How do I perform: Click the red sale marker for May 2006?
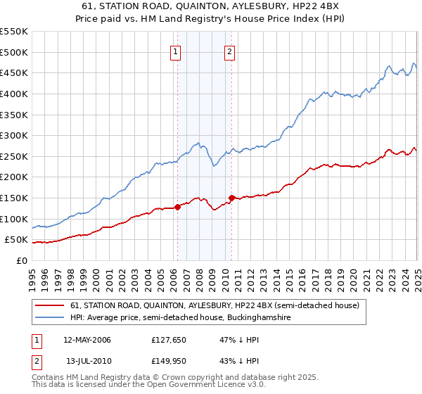(178, 207)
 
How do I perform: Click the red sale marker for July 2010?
(231, 198)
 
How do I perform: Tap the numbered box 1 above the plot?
(174, 51)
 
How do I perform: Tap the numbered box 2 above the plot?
(230, 51)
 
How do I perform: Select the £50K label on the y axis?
(16, 240)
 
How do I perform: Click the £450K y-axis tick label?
(14, 72)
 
